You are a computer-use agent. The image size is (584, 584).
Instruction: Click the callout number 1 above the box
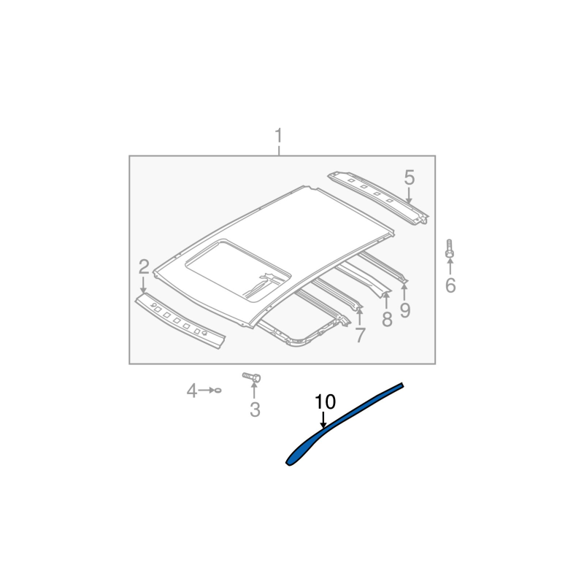(x=279, y=136)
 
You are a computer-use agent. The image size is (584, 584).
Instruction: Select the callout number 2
(x=144, y=266)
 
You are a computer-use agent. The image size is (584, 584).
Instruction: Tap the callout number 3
(x=255, y=410)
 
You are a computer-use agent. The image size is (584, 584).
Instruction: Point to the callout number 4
(x=191, y=391)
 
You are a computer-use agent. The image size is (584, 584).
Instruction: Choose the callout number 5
(x=409, y=177)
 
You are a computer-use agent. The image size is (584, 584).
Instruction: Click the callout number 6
(x=450, y=285)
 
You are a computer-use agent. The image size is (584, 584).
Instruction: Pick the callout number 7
(x=360, y=335)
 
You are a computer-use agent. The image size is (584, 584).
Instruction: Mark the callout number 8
(x=387, y=320)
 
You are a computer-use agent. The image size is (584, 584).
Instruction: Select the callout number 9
(x=405, y=310)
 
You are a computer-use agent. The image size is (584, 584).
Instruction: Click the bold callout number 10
(x=325, y=402)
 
